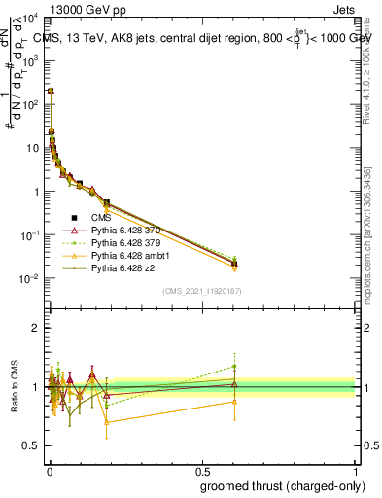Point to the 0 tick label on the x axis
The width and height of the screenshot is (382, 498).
pyautogui.click(x=49, y=470)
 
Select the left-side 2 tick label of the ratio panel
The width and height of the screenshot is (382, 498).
pyautogui.click(x=36, y=328)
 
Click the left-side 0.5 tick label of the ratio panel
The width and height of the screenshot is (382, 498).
pyautogui.click(x=31, y=445)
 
